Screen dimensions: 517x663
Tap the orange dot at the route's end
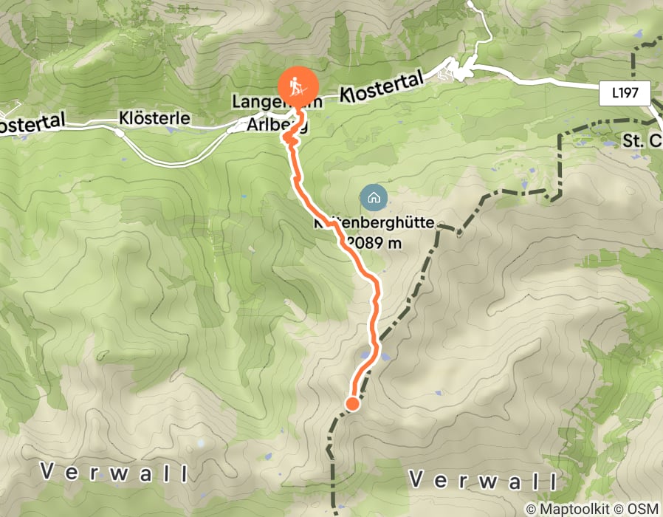352,403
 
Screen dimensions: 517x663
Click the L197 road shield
624,93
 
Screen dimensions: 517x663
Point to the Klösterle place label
154,118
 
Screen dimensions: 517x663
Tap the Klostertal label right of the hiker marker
382,86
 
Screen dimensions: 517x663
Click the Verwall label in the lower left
114,471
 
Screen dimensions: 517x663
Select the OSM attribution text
642,509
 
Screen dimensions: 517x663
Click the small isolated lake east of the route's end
439,394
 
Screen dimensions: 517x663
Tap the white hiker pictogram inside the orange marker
297,84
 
